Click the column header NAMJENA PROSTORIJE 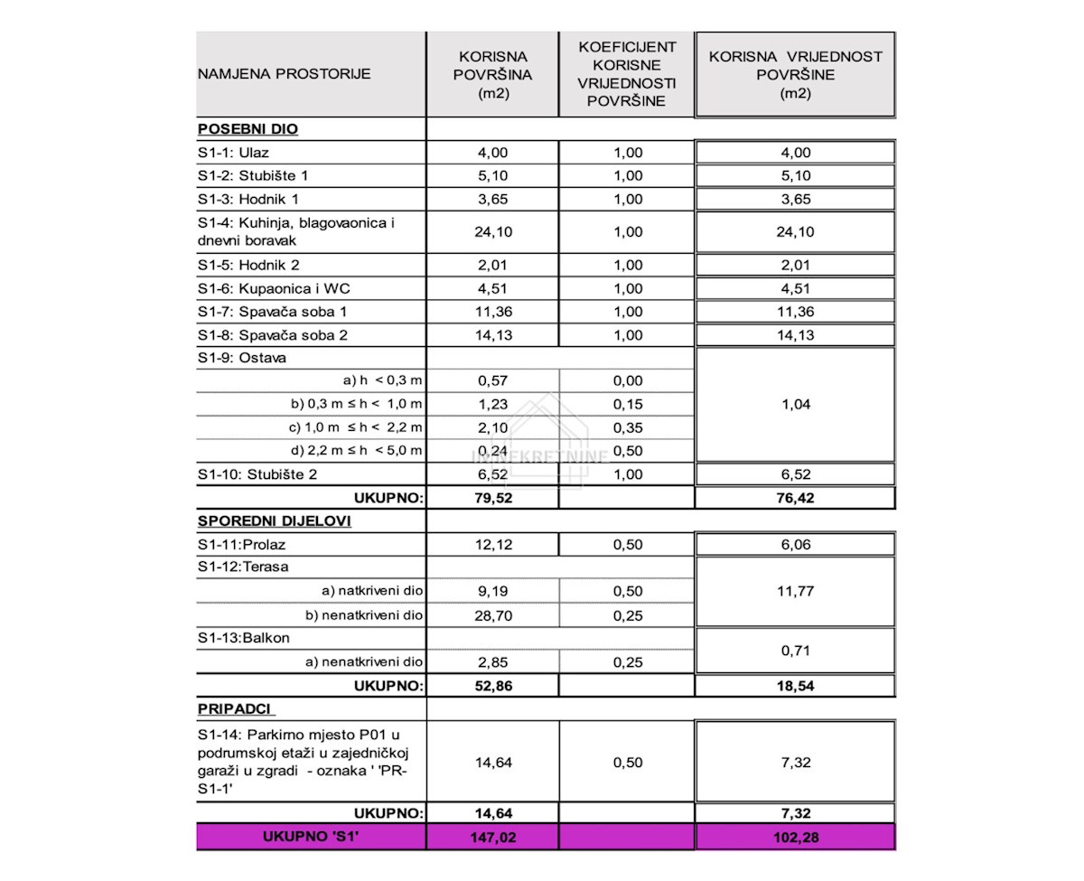click(x=284, y=74)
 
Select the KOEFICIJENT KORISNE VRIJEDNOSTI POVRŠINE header click(x=626, y=73)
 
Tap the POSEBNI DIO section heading click(x=248, y=129)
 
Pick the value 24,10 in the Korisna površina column click(x=492, y=232)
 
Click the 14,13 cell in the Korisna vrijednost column click(x=795, y=335)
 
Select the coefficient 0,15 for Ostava click(x=627, y=405)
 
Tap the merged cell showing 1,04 click(x=795, y=405)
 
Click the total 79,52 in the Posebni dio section click(x=492, y=497)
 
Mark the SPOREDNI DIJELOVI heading click(x=274, y=521)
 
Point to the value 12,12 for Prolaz click(x=492, y=545)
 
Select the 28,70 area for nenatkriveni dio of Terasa click(x=492, y=615)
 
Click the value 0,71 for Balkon click(x=795, y=650)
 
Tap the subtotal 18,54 click(x=795, y=686)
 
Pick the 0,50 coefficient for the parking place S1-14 click(x=627, y=763)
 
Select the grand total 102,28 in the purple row click(x=795, y=838)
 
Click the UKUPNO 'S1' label click(x=311, y=838)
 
